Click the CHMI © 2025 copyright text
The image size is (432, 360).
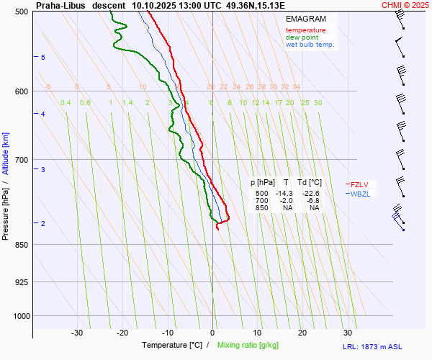point(406,5)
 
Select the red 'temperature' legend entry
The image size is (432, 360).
point(305,30)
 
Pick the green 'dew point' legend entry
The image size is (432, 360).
point(301,37)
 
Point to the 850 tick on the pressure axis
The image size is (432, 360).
point(22,245)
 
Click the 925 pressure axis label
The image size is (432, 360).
point(22,282)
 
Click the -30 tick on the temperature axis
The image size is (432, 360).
point(77,333)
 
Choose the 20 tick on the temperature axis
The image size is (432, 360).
point(302,333)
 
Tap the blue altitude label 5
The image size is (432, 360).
point(43,57)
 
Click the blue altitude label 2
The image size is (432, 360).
point(43,224)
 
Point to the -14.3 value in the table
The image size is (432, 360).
point(286,194)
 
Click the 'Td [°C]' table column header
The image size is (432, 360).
point(312,183)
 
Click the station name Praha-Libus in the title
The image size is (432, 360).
point(60,5)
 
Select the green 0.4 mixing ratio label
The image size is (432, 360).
point(66,103)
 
